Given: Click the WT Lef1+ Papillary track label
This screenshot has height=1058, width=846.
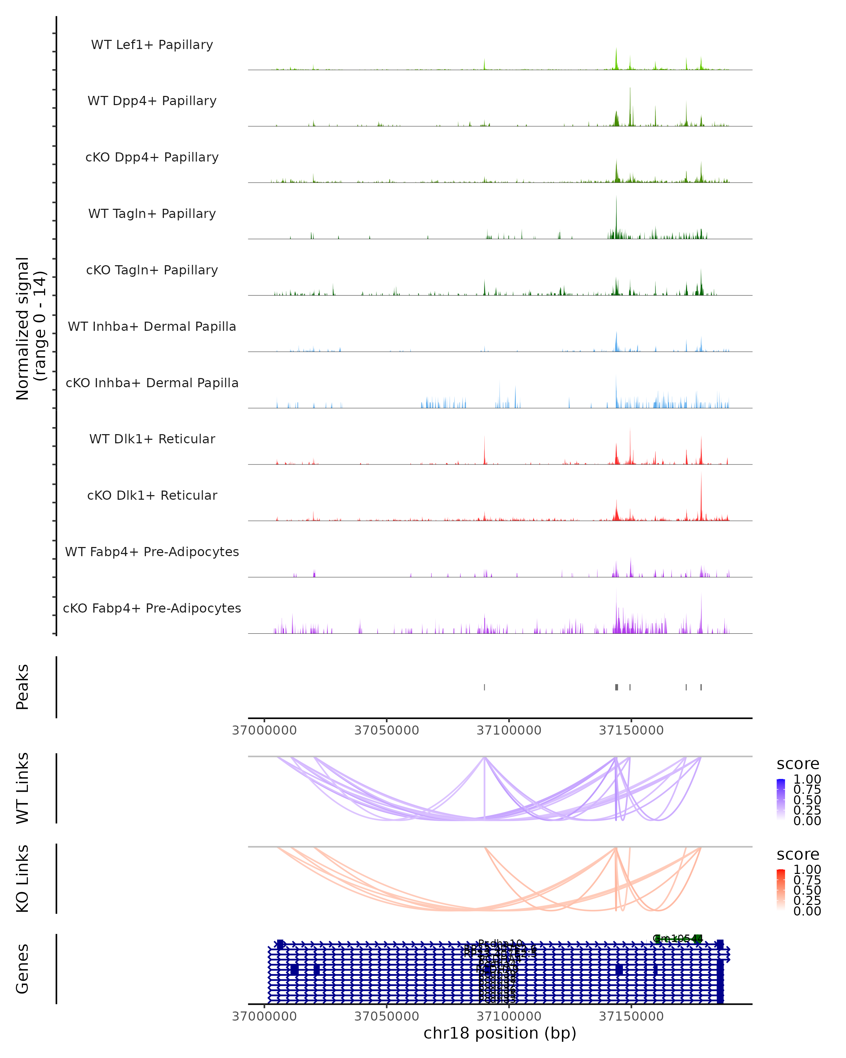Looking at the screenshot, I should pos(152,45).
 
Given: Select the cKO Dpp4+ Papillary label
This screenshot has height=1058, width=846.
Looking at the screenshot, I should pos(152,158).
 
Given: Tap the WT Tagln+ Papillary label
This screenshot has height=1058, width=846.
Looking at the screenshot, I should pos(152,214).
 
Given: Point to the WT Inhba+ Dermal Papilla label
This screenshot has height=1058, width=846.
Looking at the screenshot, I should pos(152,327).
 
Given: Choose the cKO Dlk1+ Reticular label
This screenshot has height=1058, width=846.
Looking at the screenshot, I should pos(152,495).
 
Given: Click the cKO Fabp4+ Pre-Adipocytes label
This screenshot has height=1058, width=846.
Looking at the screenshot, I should pos(152,608).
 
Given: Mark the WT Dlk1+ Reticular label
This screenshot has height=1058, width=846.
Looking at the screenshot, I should pos(152,439).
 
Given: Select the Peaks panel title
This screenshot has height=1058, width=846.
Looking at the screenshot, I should pos(23,687).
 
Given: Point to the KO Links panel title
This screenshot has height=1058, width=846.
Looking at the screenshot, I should pos(23,878).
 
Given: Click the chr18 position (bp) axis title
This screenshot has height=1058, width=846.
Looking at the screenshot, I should pos(500,1033).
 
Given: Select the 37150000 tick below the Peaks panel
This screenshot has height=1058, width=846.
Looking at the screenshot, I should pos(631,730).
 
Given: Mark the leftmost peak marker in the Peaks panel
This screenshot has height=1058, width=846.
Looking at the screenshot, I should pos(485,687).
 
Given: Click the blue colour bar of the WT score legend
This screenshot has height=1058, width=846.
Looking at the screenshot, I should pos(781,799).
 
